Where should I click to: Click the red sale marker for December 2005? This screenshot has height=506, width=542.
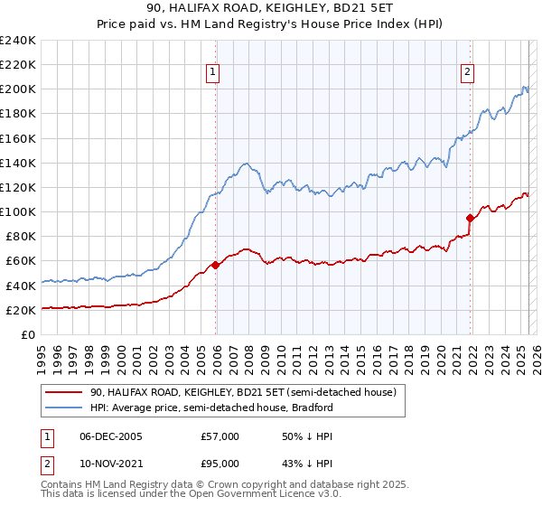pos(215,265)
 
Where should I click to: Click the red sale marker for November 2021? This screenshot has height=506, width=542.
pos(471,218)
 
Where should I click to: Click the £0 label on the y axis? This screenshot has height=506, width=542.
pos(28,334)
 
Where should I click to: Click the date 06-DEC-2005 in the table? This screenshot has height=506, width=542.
pos(103,436)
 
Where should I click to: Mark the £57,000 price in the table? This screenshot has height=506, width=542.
pos(220,436)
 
